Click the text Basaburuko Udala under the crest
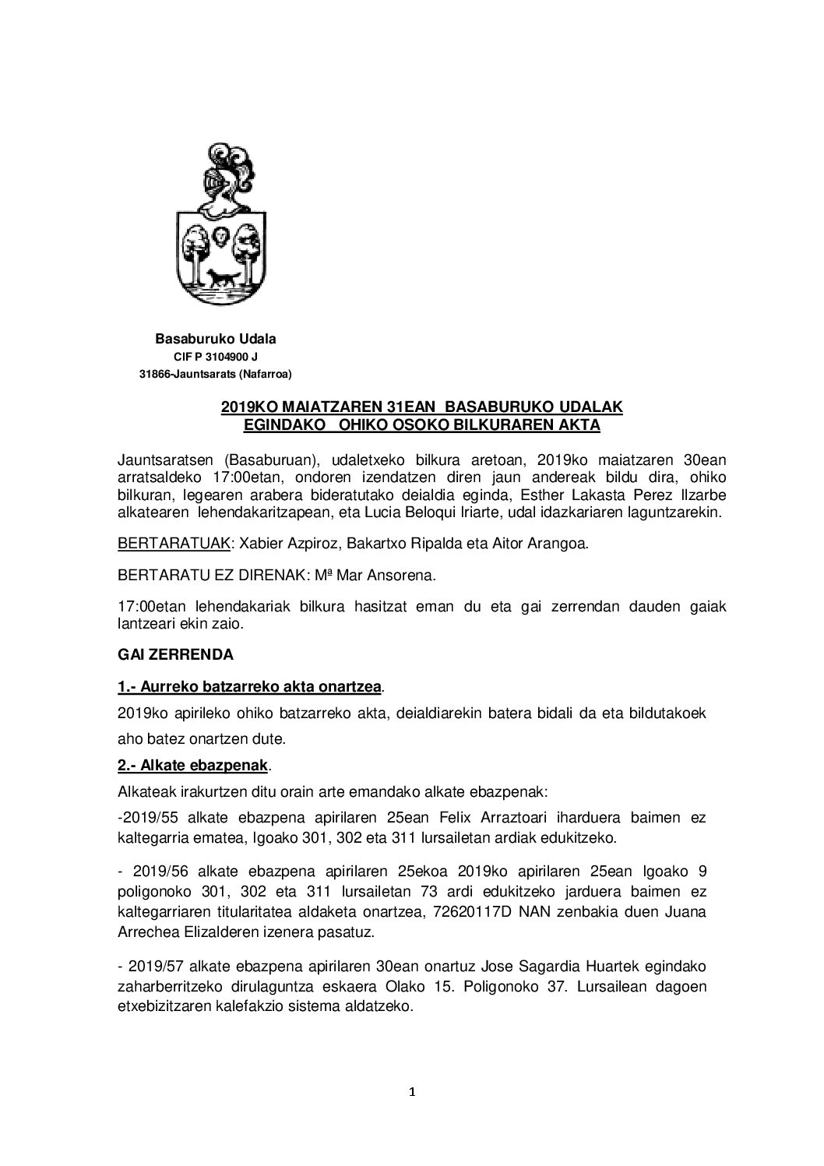click(216, 340)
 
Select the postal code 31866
click(153, 375)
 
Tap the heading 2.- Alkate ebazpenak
click(192, 766)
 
